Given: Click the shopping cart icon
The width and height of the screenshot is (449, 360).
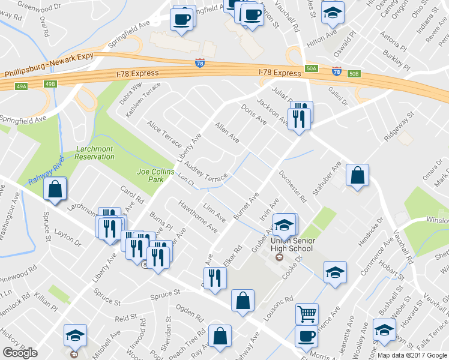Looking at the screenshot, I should coord(307,313).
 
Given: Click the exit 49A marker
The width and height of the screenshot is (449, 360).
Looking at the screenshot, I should coord(22,86).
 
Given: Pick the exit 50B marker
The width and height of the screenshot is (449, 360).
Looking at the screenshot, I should coord(354,74).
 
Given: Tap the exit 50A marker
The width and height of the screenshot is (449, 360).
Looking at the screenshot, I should coord(310,69).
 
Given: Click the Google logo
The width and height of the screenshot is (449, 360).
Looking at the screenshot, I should coord(20,353).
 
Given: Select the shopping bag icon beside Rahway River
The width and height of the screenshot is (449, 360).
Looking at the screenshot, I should coord(55,190).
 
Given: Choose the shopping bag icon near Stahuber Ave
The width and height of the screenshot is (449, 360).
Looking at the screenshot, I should coord(358,175).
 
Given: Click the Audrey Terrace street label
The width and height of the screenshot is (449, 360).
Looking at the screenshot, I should coord(206,172).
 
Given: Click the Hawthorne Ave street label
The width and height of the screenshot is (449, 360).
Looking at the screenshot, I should coord(197,217).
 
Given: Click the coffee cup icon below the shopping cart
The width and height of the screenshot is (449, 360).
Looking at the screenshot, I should coord(306,336).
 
